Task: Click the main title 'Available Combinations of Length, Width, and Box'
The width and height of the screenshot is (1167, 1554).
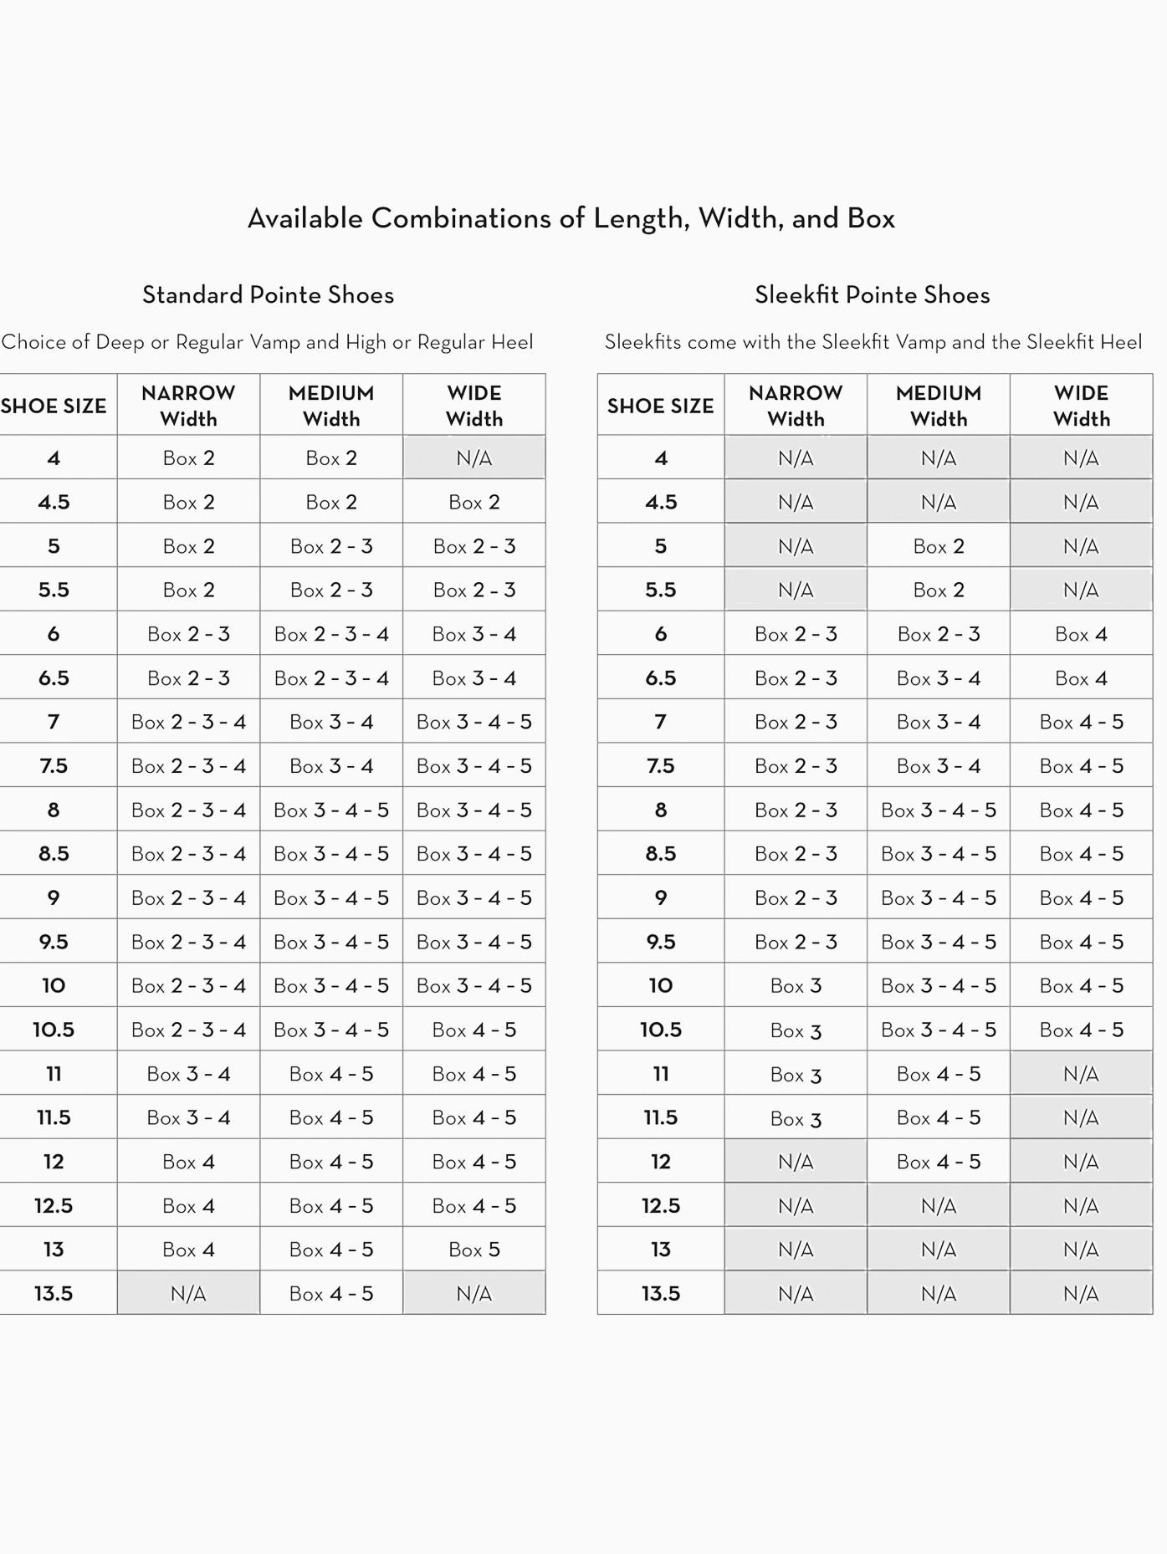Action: point(571,218)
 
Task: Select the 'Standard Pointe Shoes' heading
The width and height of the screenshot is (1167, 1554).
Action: point(268,294)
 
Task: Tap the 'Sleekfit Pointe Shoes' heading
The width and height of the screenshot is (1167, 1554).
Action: point(872,294)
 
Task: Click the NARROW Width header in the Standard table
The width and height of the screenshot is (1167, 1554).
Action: point(188,406)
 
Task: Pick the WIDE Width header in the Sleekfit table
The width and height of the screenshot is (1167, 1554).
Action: point(1081,406)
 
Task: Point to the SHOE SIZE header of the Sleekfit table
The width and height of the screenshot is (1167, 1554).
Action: point(660,406)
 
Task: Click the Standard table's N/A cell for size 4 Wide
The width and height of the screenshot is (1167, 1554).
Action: point(473,458)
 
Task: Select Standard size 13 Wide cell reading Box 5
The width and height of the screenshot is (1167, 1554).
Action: point(473,1250)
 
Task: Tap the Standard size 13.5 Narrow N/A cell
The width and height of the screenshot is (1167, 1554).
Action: point(188,1294)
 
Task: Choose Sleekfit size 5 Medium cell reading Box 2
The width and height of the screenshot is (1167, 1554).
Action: point(938,546)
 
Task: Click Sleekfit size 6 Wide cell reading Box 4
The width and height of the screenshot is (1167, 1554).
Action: point(1081,634)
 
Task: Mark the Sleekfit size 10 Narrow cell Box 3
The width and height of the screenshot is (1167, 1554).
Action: point(796,986)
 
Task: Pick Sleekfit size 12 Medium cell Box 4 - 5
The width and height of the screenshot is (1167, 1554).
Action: point(938,1162)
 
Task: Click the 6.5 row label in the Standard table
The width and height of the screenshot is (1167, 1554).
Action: point(54,678)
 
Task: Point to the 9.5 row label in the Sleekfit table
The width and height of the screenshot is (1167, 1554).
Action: point(660,942)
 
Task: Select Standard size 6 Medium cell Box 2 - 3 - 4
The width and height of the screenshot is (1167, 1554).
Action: point(331,634)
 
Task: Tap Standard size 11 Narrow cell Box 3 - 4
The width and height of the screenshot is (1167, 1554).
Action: point(188,1074)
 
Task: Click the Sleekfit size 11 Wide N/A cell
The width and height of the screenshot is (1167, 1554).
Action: point(1081,1074)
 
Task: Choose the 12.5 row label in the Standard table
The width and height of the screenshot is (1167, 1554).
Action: point(54,1206)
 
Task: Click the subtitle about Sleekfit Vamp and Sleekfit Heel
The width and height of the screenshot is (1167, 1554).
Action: point(873,342)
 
